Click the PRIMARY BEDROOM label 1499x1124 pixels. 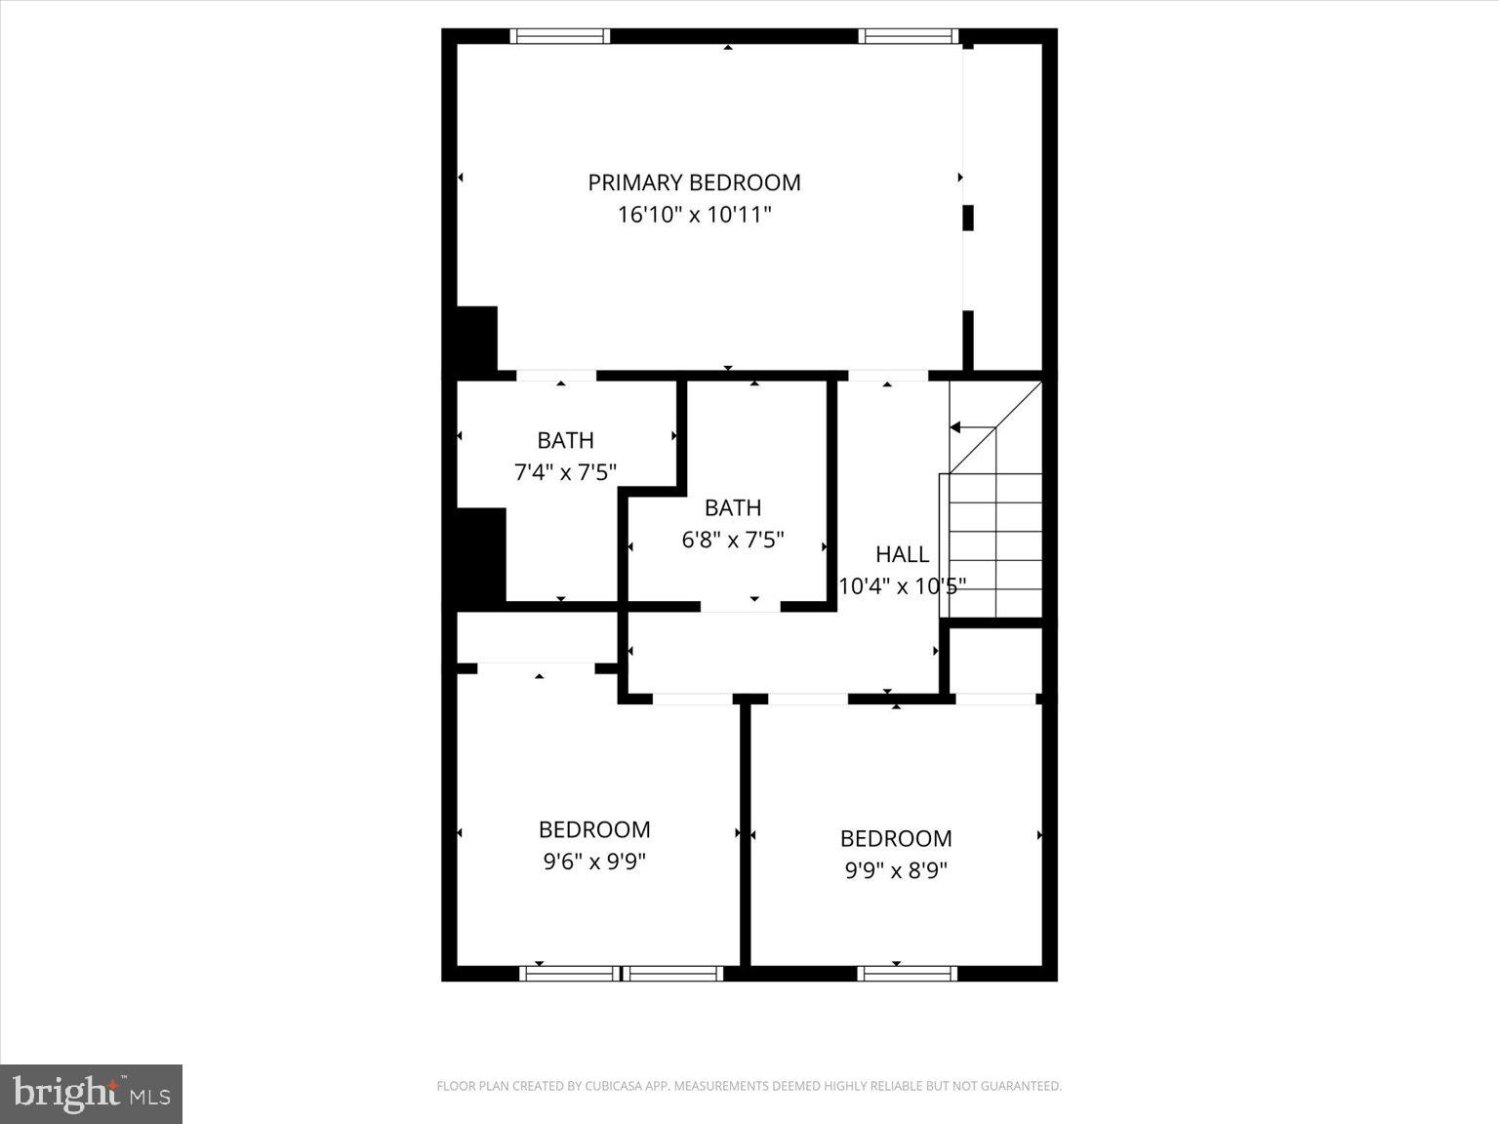694,182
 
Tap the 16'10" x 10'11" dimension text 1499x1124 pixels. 694,215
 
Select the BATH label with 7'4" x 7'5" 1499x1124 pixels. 565,440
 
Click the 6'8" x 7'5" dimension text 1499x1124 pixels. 732,540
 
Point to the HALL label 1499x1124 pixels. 902,554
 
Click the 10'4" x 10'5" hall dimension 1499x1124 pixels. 902,586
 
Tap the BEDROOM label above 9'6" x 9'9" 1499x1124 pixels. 594,829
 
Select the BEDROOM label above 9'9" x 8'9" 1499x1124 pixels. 896,838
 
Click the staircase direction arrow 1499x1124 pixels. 956,427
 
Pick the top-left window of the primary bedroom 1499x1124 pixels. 560,37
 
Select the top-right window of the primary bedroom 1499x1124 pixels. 908,37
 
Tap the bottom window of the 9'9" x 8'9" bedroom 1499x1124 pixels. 908,973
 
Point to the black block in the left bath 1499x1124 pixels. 481,554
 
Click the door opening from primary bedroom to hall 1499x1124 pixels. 887,376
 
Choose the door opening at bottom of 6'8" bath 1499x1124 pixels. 740,606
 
